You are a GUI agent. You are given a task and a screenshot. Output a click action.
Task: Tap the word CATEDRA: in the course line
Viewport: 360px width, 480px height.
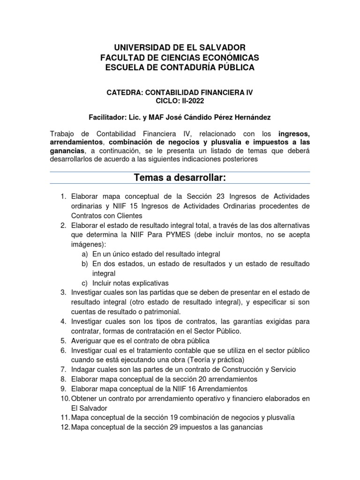pyautogui.click(x=124, y=93)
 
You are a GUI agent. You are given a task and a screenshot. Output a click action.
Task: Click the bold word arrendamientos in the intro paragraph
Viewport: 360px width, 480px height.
pyautogui.click(x=77, y=142)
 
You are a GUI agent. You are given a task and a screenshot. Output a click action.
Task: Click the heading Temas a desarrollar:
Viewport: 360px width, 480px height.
pyautogui.click(x=180, y=178)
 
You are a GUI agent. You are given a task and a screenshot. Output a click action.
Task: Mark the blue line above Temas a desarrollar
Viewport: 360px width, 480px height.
pyautogui.click(x=180, y=172)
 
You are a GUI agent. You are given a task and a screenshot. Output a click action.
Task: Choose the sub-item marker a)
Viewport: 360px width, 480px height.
pyautogui.click(x=84, y=254)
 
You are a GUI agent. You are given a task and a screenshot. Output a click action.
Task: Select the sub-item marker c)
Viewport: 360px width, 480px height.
pyautogui.click(x=84, y=283)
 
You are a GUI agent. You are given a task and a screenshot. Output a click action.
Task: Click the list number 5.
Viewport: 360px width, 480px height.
pyautogui.click(x=63, y=341)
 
